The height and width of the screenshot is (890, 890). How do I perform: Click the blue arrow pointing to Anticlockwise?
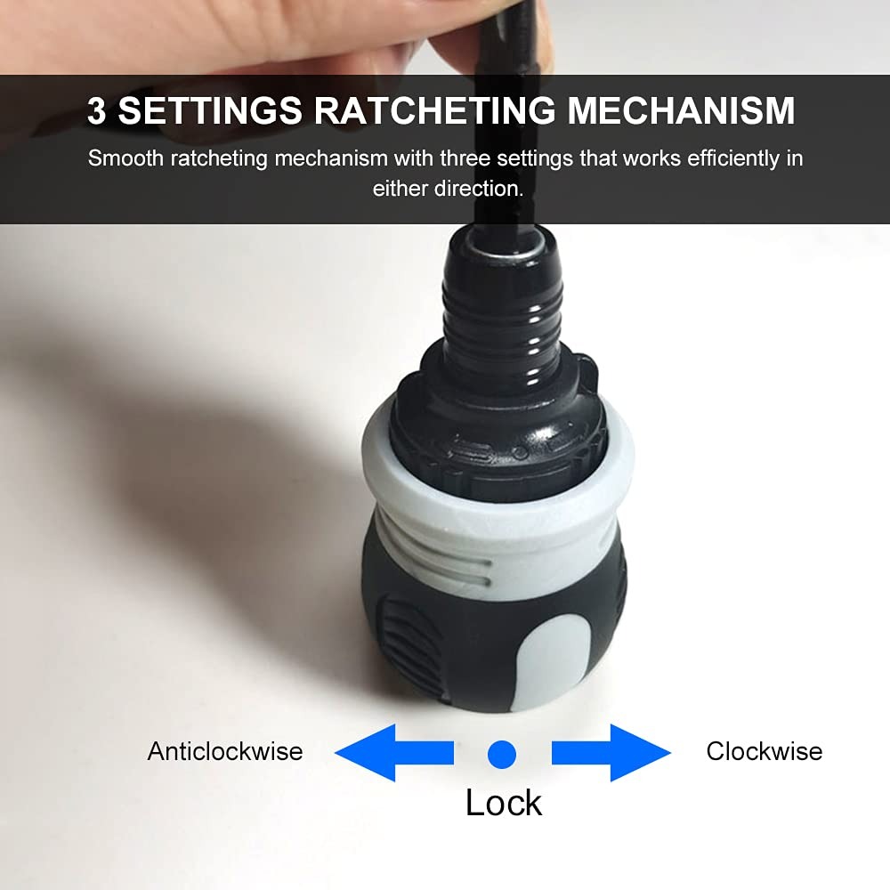[x=394, y=753]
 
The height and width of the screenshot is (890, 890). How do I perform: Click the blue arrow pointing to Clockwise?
[x=611, y=753]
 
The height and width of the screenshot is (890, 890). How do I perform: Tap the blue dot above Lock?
[x=502, y=755]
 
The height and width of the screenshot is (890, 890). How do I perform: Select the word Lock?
[x=504, y=803]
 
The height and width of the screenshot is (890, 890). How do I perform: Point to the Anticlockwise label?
[x=225, y=751]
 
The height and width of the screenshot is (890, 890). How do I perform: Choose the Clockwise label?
[x=764, y=751]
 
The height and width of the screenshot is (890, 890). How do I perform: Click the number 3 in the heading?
[x=96, y=110]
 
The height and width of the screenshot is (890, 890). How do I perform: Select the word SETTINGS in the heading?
[x=210, y=110]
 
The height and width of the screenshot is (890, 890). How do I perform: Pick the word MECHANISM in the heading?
[x=681, y=110]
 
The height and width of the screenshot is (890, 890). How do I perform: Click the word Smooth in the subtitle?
[x=126, y=158]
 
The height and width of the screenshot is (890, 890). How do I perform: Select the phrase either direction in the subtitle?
[x=448, y=189]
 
